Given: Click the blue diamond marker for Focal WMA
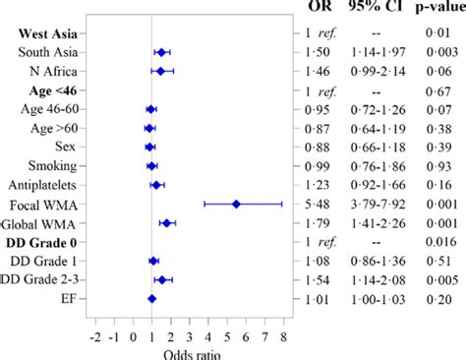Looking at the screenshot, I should tap(236, 204).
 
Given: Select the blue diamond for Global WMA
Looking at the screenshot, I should tap(167, 223).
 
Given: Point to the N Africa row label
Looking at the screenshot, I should tap(55, 71).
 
